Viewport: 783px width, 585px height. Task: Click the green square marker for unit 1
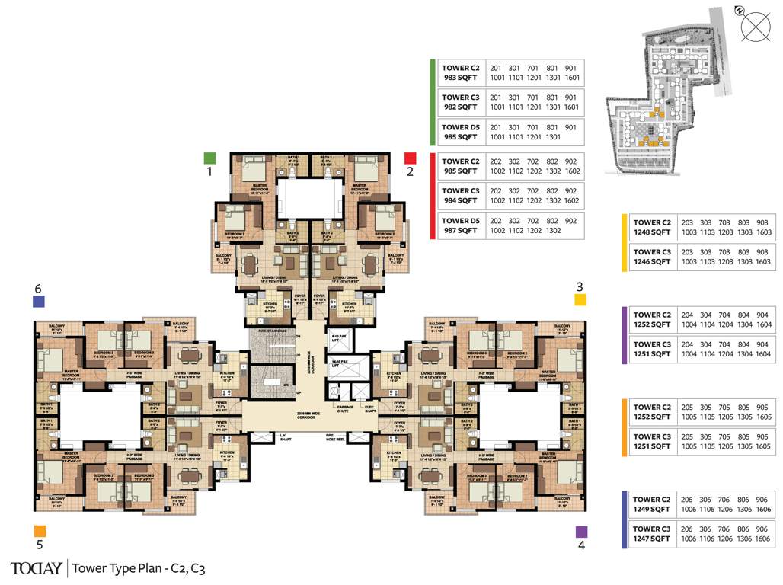209,158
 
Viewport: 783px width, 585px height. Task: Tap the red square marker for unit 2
410,158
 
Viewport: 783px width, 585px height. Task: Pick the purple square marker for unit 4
581,532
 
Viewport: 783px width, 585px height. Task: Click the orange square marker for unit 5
40,531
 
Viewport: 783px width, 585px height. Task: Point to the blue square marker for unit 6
39,302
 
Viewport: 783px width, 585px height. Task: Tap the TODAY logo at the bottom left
35,567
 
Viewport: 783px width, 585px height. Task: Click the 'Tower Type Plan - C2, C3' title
139,567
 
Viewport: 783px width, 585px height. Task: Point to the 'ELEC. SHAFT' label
370,408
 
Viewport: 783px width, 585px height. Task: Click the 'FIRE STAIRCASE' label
272,331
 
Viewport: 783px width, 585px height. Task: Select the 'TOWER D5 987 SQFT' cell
460,225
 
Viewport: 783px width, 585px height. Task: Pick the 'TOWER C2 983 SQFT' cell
460,72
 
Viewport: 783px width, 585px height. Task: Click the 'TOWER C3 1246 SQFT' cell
652,257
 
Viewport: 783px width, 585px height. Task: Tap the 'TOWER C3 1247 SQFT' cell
652,533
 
